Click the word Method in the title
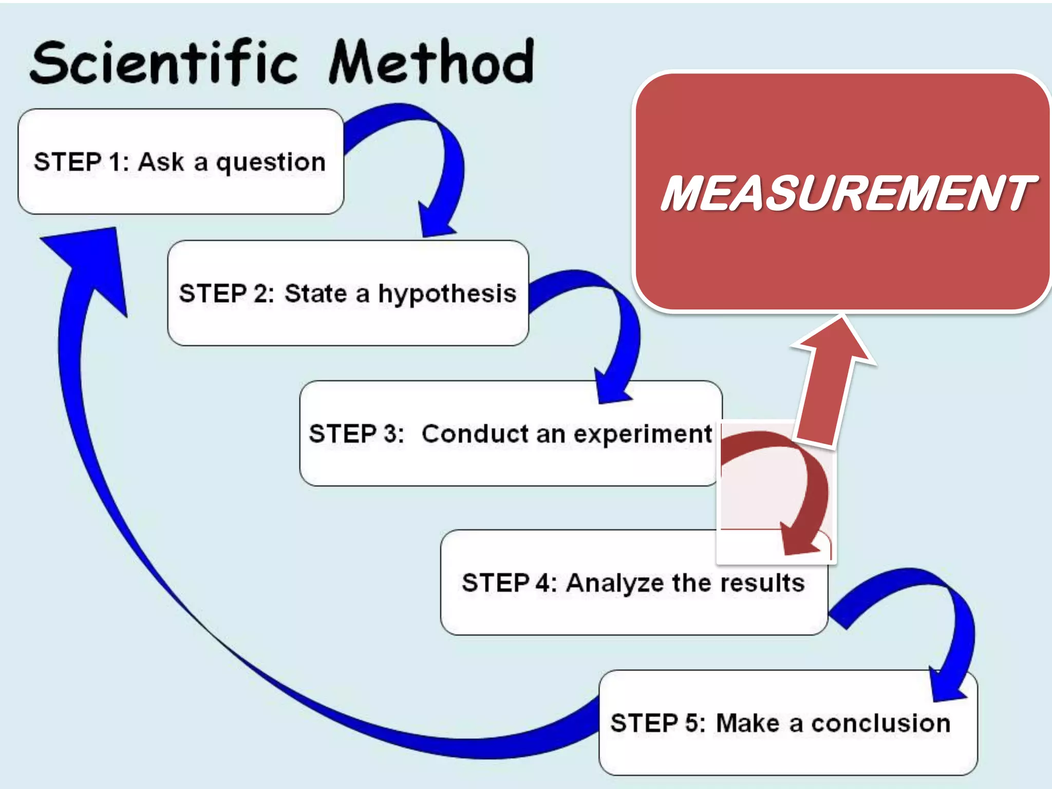tap(431, 63)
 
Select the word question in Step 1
tap(271, 163)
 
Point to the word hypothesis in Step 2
tap(447, 294)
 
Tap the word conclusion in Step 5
tap(880, 723)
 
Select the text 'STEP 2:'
tap(227, 294)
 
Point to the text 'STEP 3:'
tap(356, 434)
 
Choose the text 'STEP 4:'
tap(509, 583)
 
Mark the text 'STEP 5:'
tap(658, 723)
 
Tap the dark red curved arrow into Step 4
tap(809, 488)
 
